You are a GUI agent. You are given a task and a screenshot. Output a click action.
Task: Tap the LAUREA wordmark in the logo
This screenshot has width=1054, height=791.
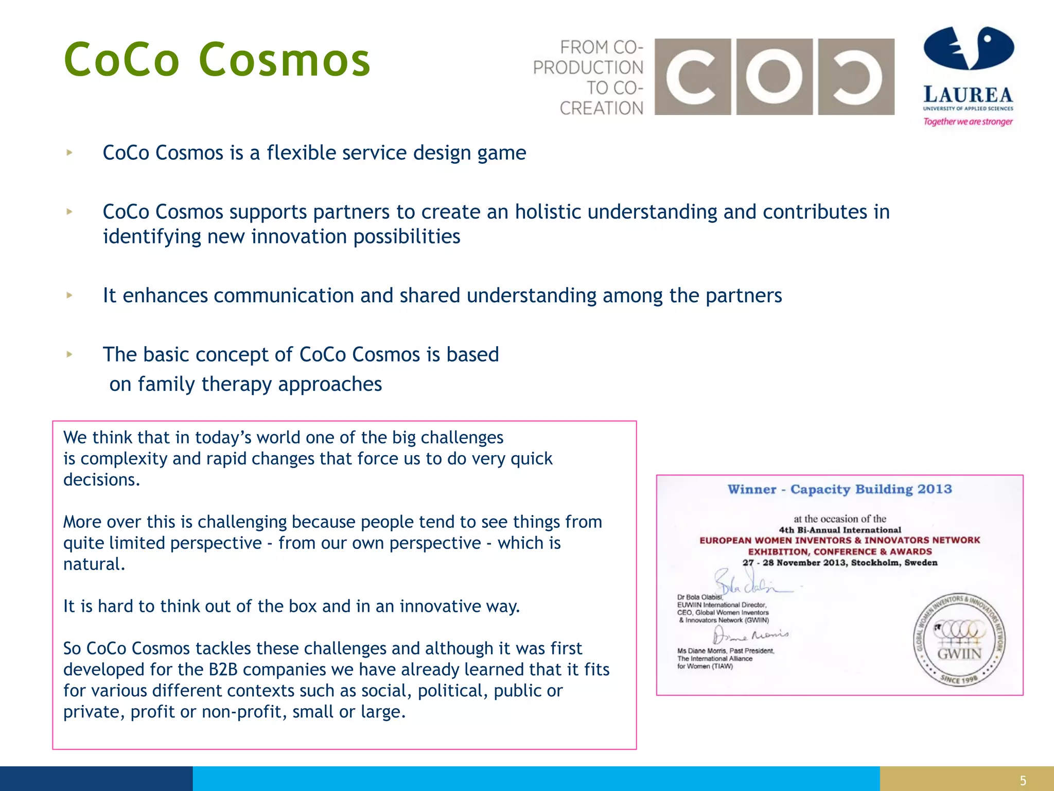(968, 95)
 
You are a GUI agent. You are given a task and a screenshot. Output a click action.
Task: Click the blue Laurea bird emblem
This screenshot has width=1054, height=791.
(969, 48)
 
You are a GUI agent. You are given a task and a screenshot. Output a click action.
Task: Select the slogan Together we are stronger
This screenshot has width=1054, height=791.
(968, 122)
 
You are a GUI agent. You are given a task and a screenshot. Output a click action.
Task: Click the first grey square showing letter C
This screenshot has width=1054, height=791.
(692, 77)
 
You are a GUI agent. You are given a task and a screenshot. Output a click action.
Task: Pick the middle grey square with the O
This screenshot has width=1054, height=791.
(774, 77)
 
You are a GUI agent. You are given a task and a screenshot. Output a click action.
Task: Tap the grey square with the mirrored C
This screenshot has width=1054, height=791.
(856, 77)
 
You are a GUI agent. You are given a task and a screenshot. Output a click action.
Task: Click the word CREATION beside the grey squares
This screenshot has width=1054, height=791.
(601, 109)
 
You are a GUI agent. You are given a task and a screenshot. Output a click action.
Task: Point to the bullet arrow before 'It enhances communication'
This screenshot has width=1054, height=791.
(69, 295)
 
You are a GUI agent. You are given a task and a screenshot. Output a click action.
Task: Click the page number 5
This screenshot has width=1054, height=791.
(1023, 781)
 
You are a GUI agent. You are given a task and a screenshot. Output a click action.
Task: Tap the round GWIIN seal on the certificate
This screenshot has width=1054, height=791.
(959, 640)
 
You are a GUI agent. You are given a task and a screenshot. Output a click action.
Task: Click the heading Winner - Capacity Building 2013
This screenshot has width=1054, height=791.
(839, 489)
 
